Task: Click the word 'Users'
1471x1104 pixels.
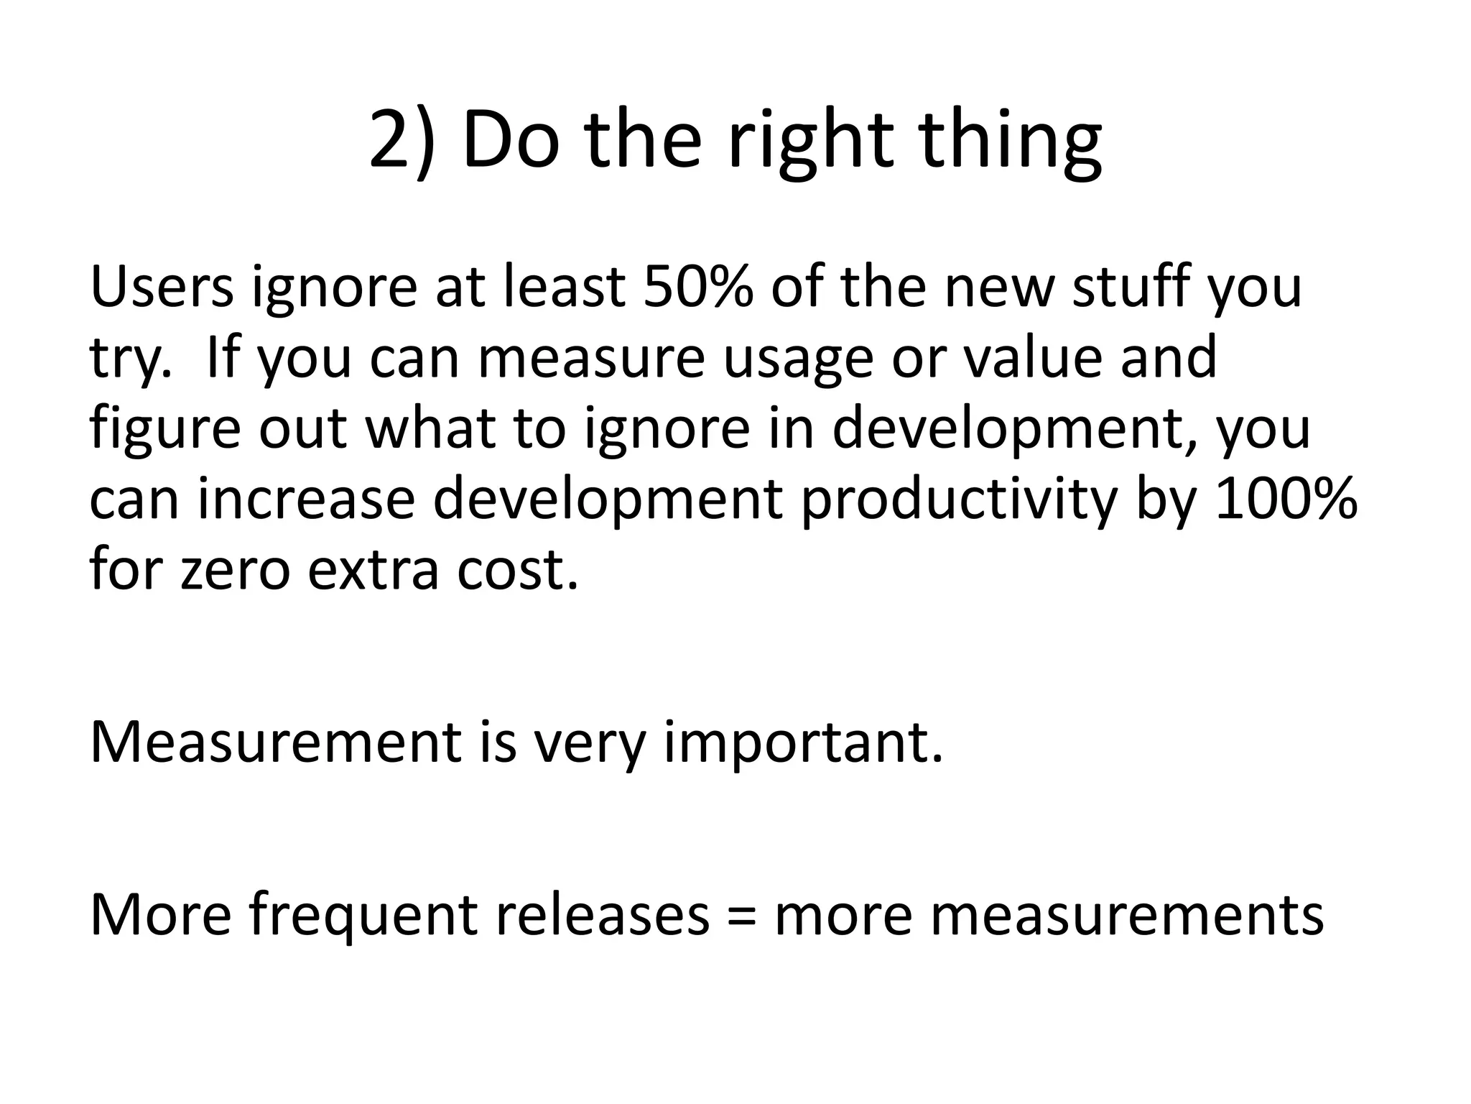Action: pos(162,287)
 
